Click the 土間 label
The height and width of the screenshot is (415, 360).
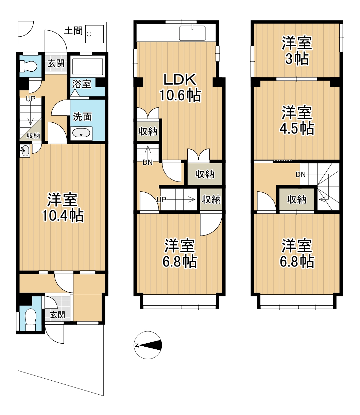(73, 31)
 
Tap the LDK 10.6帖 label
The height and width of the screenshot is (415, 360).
(180, 87)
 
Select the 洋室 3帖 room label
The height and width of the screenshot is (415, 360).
(297, 51)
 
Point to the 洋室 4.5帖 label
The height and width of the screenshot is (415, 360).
(297, 120)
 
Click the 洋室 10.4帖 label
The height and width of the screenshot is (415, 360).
(63, 207)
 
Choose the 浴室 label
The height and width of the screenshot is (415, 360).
(82, 84)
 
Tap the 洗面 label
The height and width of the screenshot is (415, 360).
(82, 117)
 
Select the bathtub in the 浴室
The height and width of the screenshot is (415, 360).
(87, 67)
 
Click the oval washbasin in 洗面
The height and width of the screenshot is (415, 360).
(81, 134)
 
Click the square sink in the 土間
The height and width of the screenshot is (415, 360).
(95, 34)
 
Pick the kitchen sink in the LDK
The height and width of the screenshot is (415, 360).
(192, 33)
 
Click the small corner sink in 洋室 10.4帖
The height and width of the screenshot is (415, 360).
(25, 151)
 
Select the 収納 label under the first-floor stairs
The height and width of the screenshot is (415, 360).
(33, 136)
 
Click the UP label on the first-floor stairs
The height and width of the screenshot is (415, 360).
(31, 99)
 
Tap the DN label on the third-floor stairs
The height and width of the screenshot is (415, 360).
(301, 174)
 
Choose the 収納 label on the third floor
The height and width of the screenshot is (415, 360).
(297, 200)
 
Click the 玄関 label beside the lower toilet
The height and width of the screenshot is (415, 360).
(57, 315)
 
